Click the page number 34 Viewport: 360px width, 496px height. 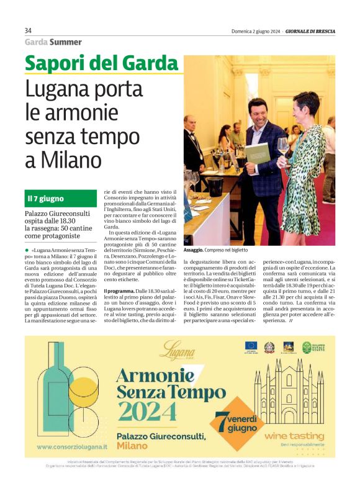28,31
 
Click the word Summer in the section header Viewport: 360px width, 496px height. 66,42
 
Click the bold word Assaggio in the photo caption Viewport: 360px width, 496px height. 194,249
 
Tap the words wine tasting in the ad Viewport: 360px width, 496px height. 294,436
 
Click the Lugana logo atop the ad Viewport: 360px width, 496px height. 176,353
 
